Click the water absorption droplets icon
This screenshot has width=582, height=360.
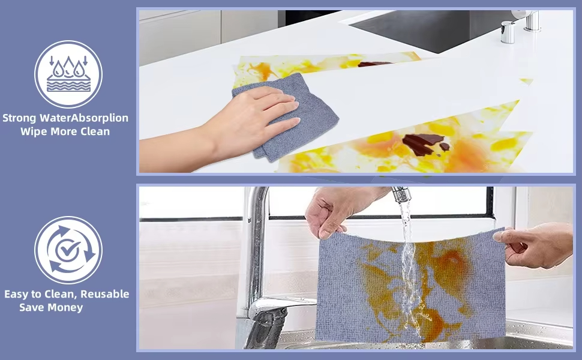[x=68, y=74]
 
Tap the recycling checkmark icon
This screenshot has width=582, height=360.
[x=68, y=250]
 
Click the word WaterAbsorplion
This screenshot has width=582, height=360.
[x=83, y=118]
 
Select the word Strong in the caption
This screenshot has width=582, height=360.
[x=19, y=118]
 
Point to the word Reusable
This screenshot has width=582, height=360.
[x=104, y=294]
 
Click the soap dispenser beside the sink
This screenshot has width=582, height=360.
[x=508, y=32]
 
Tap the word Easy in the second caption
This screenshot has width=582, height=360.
[x=17, y=295]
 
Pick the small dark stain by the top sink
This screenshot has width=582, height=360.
[x=374, y=64]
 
